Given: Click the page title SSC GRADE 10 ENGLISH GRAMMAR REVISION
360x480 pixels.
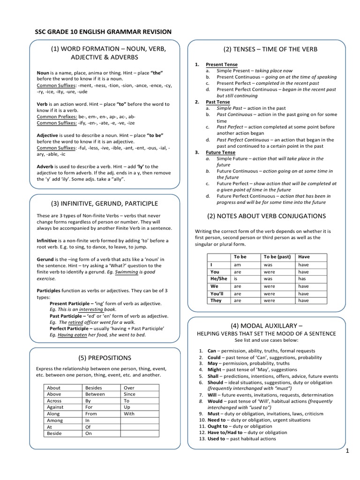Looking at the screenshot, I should pyautogui.click(x=104, y=32).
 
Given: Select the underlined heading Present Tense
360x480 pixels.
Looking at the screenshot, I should pyautogui.click(x=222, y=64).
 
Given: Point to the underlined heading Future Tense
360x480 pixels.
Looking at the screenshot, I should pyautogui.click(x=220, y=152).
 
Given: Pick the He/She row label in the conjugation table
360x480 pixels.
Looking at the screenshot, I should pyautogui.click(x=219, y=278).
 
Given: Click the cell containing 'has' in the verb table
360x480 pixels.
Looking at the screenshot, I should pyautogui.click(x=303, y=278).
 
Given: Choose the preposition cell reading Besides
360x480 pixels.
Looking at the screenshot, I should pyautogui.click(x=94, y=388).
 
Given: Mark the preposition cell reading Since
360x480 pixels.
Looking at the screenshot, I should pyautogui.click(x=129, y=394).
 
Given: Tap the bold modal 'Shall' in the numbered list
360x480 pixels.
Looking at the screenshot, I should pyautogui.click(x=214, y=376).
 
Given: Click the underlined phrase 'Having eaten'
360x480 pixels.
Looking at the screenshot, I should pyautogui.click(x=71, y=335).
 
